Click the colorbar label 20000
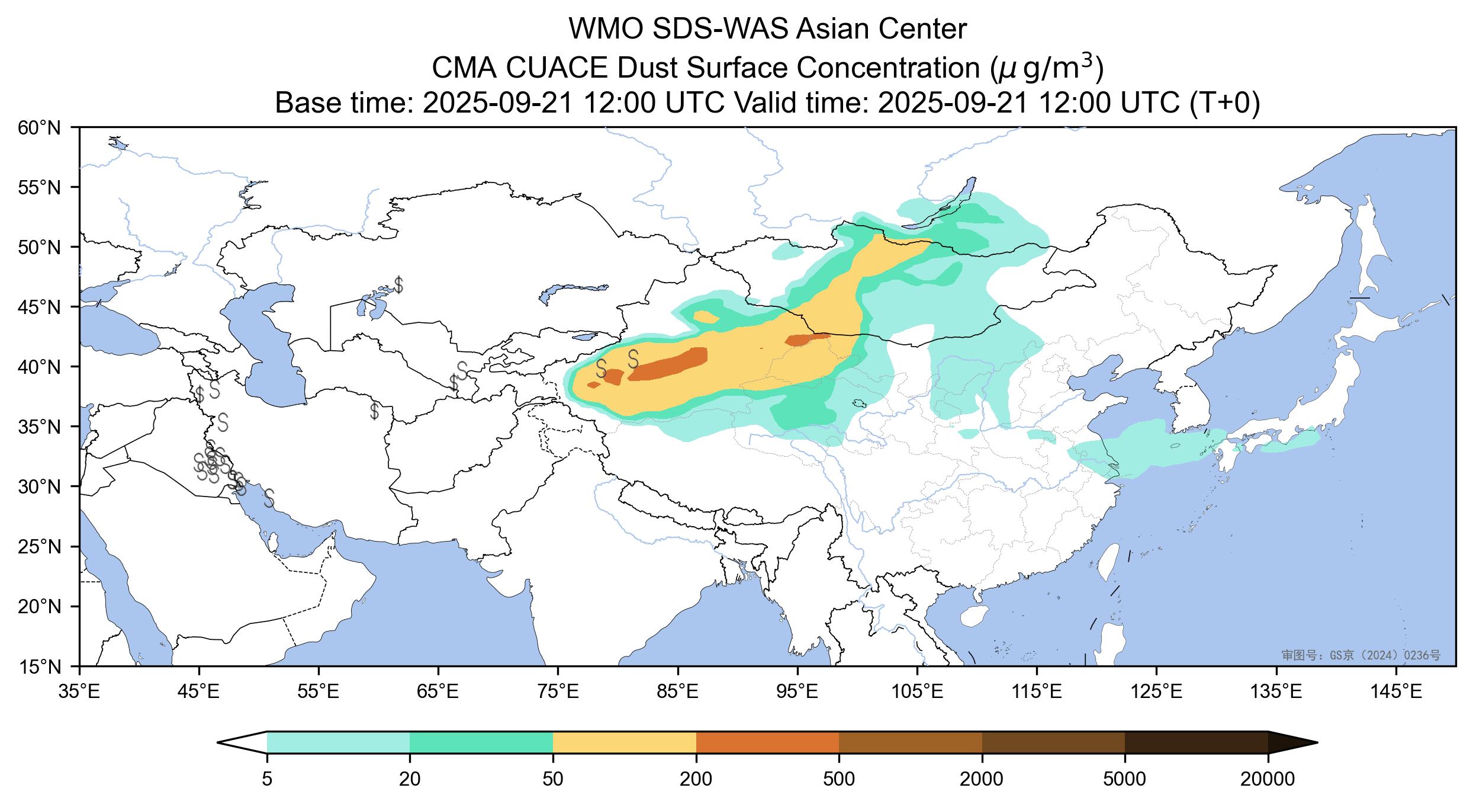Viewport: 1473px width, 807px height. [x=1268, y=779]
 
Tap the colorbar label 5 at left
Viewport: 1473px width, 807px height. [x=267, y=779]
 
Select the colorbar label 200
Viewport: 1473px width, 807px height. [x=696, y=779]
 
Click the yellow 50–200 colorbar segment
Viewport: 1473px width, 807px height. [x=625, y=742]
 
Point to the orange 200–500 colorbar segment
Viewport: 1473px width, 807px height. [x=768, y=742]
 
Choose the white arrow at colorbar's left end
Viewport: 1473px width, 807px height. [x=242, y=742]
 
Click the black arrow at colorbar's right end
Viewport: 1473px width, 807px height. [x=1292, y=742]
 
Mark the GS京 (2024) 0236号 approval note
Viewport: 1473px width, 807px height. [x=1361, y=655]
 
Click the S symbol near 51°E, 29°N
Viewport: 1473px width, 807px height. [x=269, y=498]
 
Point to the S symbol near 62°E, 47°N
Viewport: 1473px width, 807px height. [x=399, y=285]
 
